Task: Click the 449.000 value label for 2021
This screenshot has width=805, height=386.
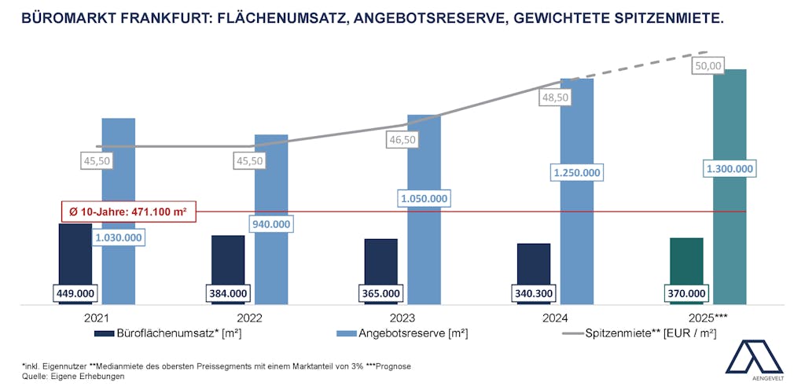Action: pos(75,293)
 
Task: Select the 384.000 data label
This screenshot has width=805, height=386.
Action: pos(228,293)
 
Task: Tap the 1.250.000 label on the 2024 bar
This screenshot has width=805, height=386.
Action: pos(577,173)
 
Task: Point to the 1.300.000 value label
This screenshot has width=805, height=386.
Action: pos(730,168)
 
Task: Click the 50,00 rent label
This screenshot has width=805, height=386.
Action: pos(708,67)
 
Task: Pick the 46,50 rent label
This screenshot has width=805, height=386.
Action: pos(402,140)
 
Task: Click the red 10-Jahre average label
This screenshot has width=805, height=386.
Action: pos(128,211)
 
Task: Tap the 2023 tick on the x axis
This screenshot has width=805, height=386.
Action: pos(402,319)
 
